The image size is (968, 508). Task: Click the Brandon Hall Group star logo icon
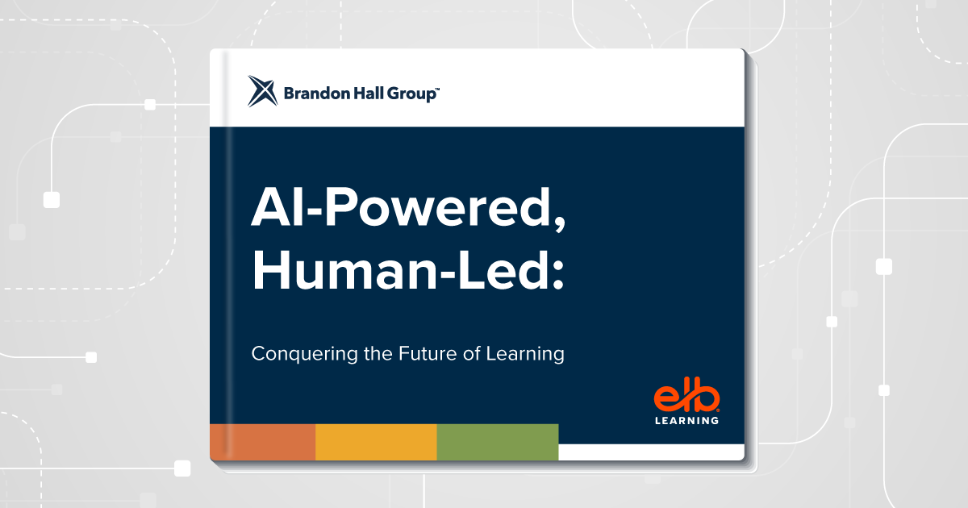pyautogui.click(x=263, y=91)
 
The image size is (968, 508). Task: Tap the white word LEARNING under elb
pyautogui.click(x=686, y=420)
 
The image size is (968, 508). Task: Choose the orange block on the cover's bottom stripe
pyautogui.click(x=263, y=442)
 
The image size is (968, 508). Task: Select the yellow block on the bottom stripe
pyautogui.click(x=376, y=442)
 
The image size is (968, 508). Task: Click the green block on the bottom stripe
pyautogui.click(x=498, y=442)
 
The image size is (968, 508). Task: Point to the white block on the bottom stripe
pyautogui.click(x=651, y=452)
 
